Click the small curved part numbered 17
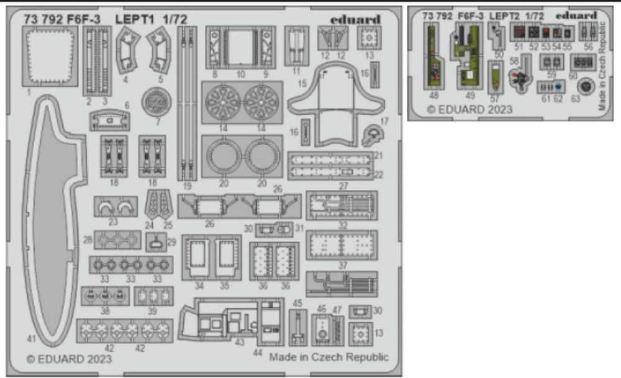pyautogui.click(x=373, y=132)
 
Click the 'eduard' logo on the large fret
pyautogui.click(x=355, y=19)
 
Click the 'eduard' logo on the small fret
pyautogui.click(x=576, y=15)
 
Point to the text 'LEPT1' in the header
pyautogui.click(x=133, y=19)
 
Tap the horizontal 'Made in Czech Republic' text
pyautogui.click(x=329, y=357)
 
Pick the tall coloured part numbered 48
pyautogui.click(x=433, y=60)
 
